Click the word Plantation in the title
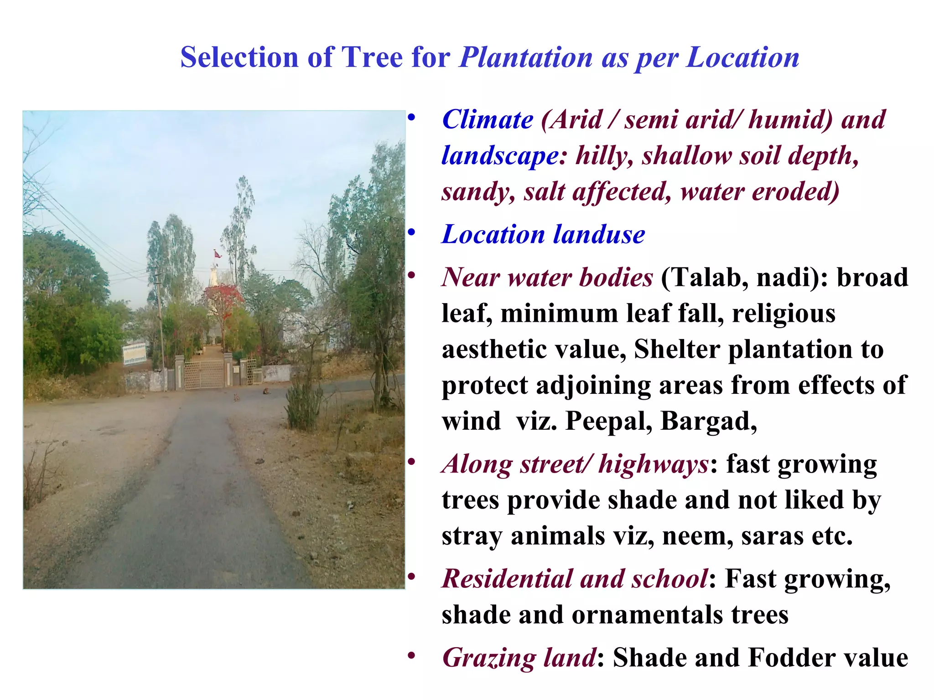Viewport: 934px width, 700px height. (526, 58)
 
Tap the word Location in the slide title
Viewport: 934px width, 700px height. (742, 58)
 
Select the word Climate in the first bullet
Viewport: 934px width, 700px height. (488, 120)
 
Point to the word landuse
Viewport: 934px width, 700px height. (599, 235)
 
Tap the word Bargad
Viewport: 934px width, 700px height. (708, 421)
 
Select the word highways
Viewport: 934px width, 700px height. (654, 464)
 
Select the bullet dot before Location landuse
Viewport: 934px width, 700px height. (412, 233)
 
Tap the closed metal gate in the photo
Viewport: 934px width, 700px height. (204, 375)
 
